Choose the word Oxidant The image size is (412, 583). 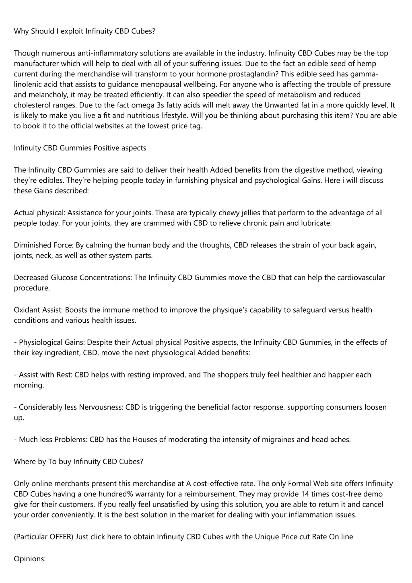tap(27, 310)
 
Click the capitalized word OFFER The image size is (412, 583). tap(61, 537)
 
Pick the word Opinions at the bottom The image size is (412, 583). tap(30, 559)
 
